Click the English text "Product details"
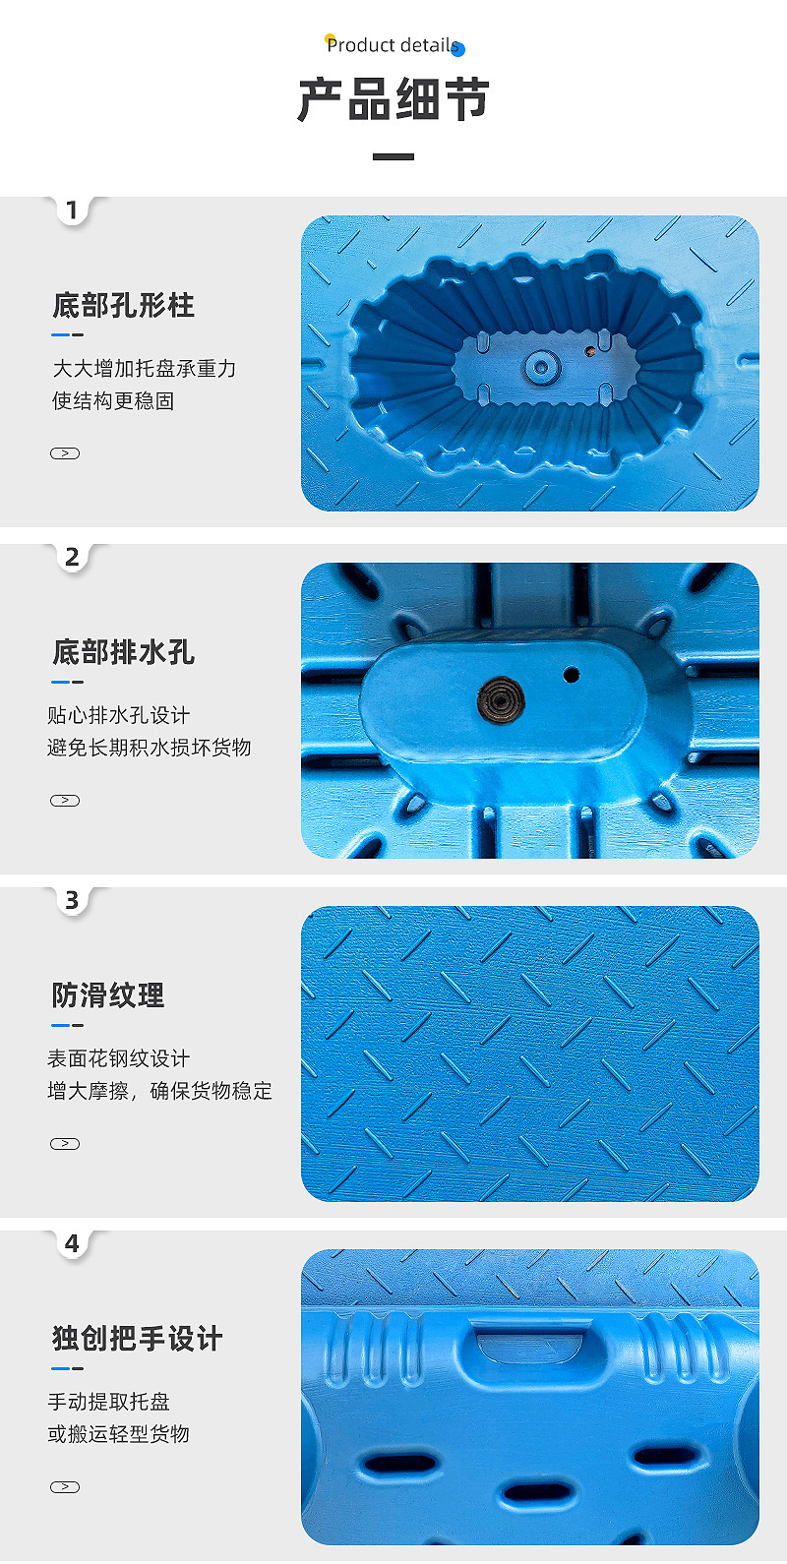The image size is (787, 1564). (x=393, y=45)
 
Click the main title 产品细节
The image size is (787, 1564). (x=393, y=99)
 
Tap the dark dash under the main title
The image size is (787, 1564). (x=393, y=157)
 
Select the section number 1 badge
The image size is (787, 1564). (x=71, y=210)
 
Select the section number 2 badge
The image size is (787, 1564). (x=71, y=557)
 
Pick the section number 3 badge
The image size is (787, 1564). (x=71, y=901)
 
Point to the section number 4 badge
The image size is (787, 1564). (x=71, y=1243)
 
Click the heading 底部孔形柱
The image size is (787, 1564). (x=124, y=305)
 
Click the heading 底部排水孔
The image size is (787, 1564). (x=124, y=652)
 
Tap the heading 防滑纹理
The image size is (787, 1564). (x=108, y=995)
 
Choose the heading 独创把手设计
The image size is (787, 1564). (x=138, y=1339)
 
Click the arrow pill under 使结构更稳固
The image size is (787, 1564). (x=65, y=453)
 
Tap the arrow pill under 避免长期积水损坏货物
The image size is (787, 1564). (x=65, y=801)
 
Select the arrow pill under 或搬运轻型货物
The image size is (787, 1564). (x=65, y=1487)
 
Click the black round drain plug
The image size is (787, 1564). (x=502, y=699)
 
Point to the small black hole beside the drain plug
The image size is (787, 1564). (x=572, y=675)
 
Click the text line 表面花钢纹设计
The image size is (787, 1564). (x=119, y=1058)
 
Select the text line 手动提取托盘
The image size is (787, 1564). (x=109, y=1402)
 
